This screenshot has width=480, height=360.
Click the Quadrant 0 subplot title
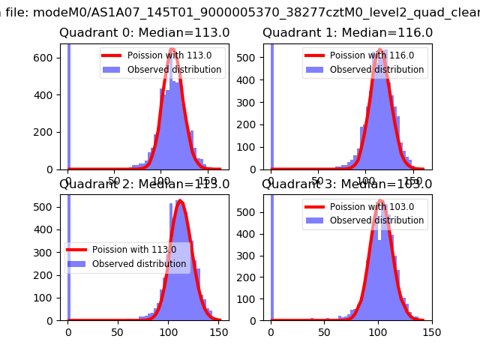[x=145, y=33]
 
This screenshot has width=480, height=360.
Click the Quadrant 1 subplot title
[x=347, y=33]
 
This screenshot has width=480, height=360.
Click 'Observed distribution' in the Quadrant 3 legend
[x=376, y=220]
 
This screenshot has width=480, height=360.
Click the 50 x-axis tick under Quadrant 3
[x=325, y=331]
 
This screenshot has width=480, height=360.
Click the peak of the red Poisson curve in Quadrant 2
[x=179, y=201]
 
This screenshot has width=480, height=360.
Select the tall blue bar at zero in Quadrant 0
[x=68, y=105]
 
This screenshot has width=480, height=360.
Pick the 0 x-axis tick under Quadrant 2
[x=68, y=331]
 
